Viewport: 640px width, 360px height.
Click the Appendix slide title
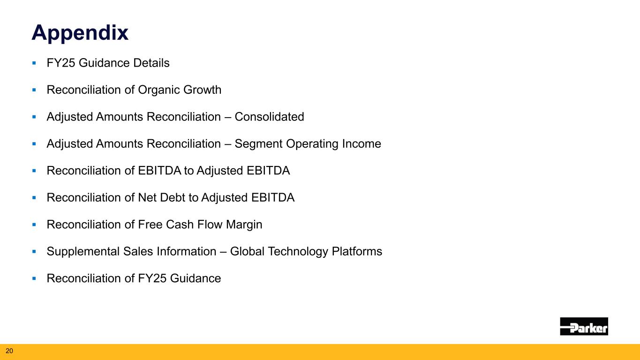(80, 33)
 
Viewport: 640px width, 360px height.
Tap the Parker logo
(584, 326)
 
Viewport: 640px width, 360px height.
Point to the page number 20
(9, 350)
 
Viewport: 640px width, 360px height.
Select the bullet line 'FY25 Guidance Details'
(108, 63)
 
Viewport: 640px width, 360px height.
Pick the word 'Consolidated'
(269, 117)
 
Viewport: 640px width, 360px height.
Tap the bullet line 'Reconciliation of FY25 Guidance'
(134, 278)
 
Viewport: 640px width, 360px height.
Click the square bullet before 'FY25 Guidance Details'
(34, 63)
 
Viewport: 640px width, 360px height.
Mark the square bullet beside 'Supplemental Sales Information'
(34, 252)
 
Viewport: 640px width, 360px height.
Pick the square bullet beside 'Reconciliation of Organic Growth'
(34, 90)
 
